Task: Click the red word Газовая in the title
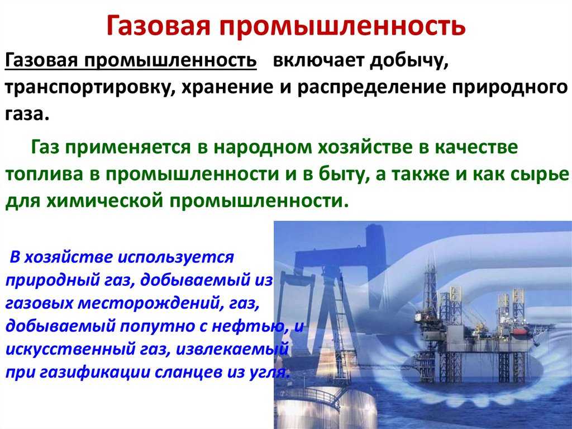pyautogui.click(x=159, y=26)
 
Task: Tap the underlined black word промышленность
pyautogui.click(x=170, y=59)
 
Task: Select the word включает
pyautogui.click(x=318, y=59)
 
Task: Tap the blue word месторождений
pyautogui.click(x=149, y=303)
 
